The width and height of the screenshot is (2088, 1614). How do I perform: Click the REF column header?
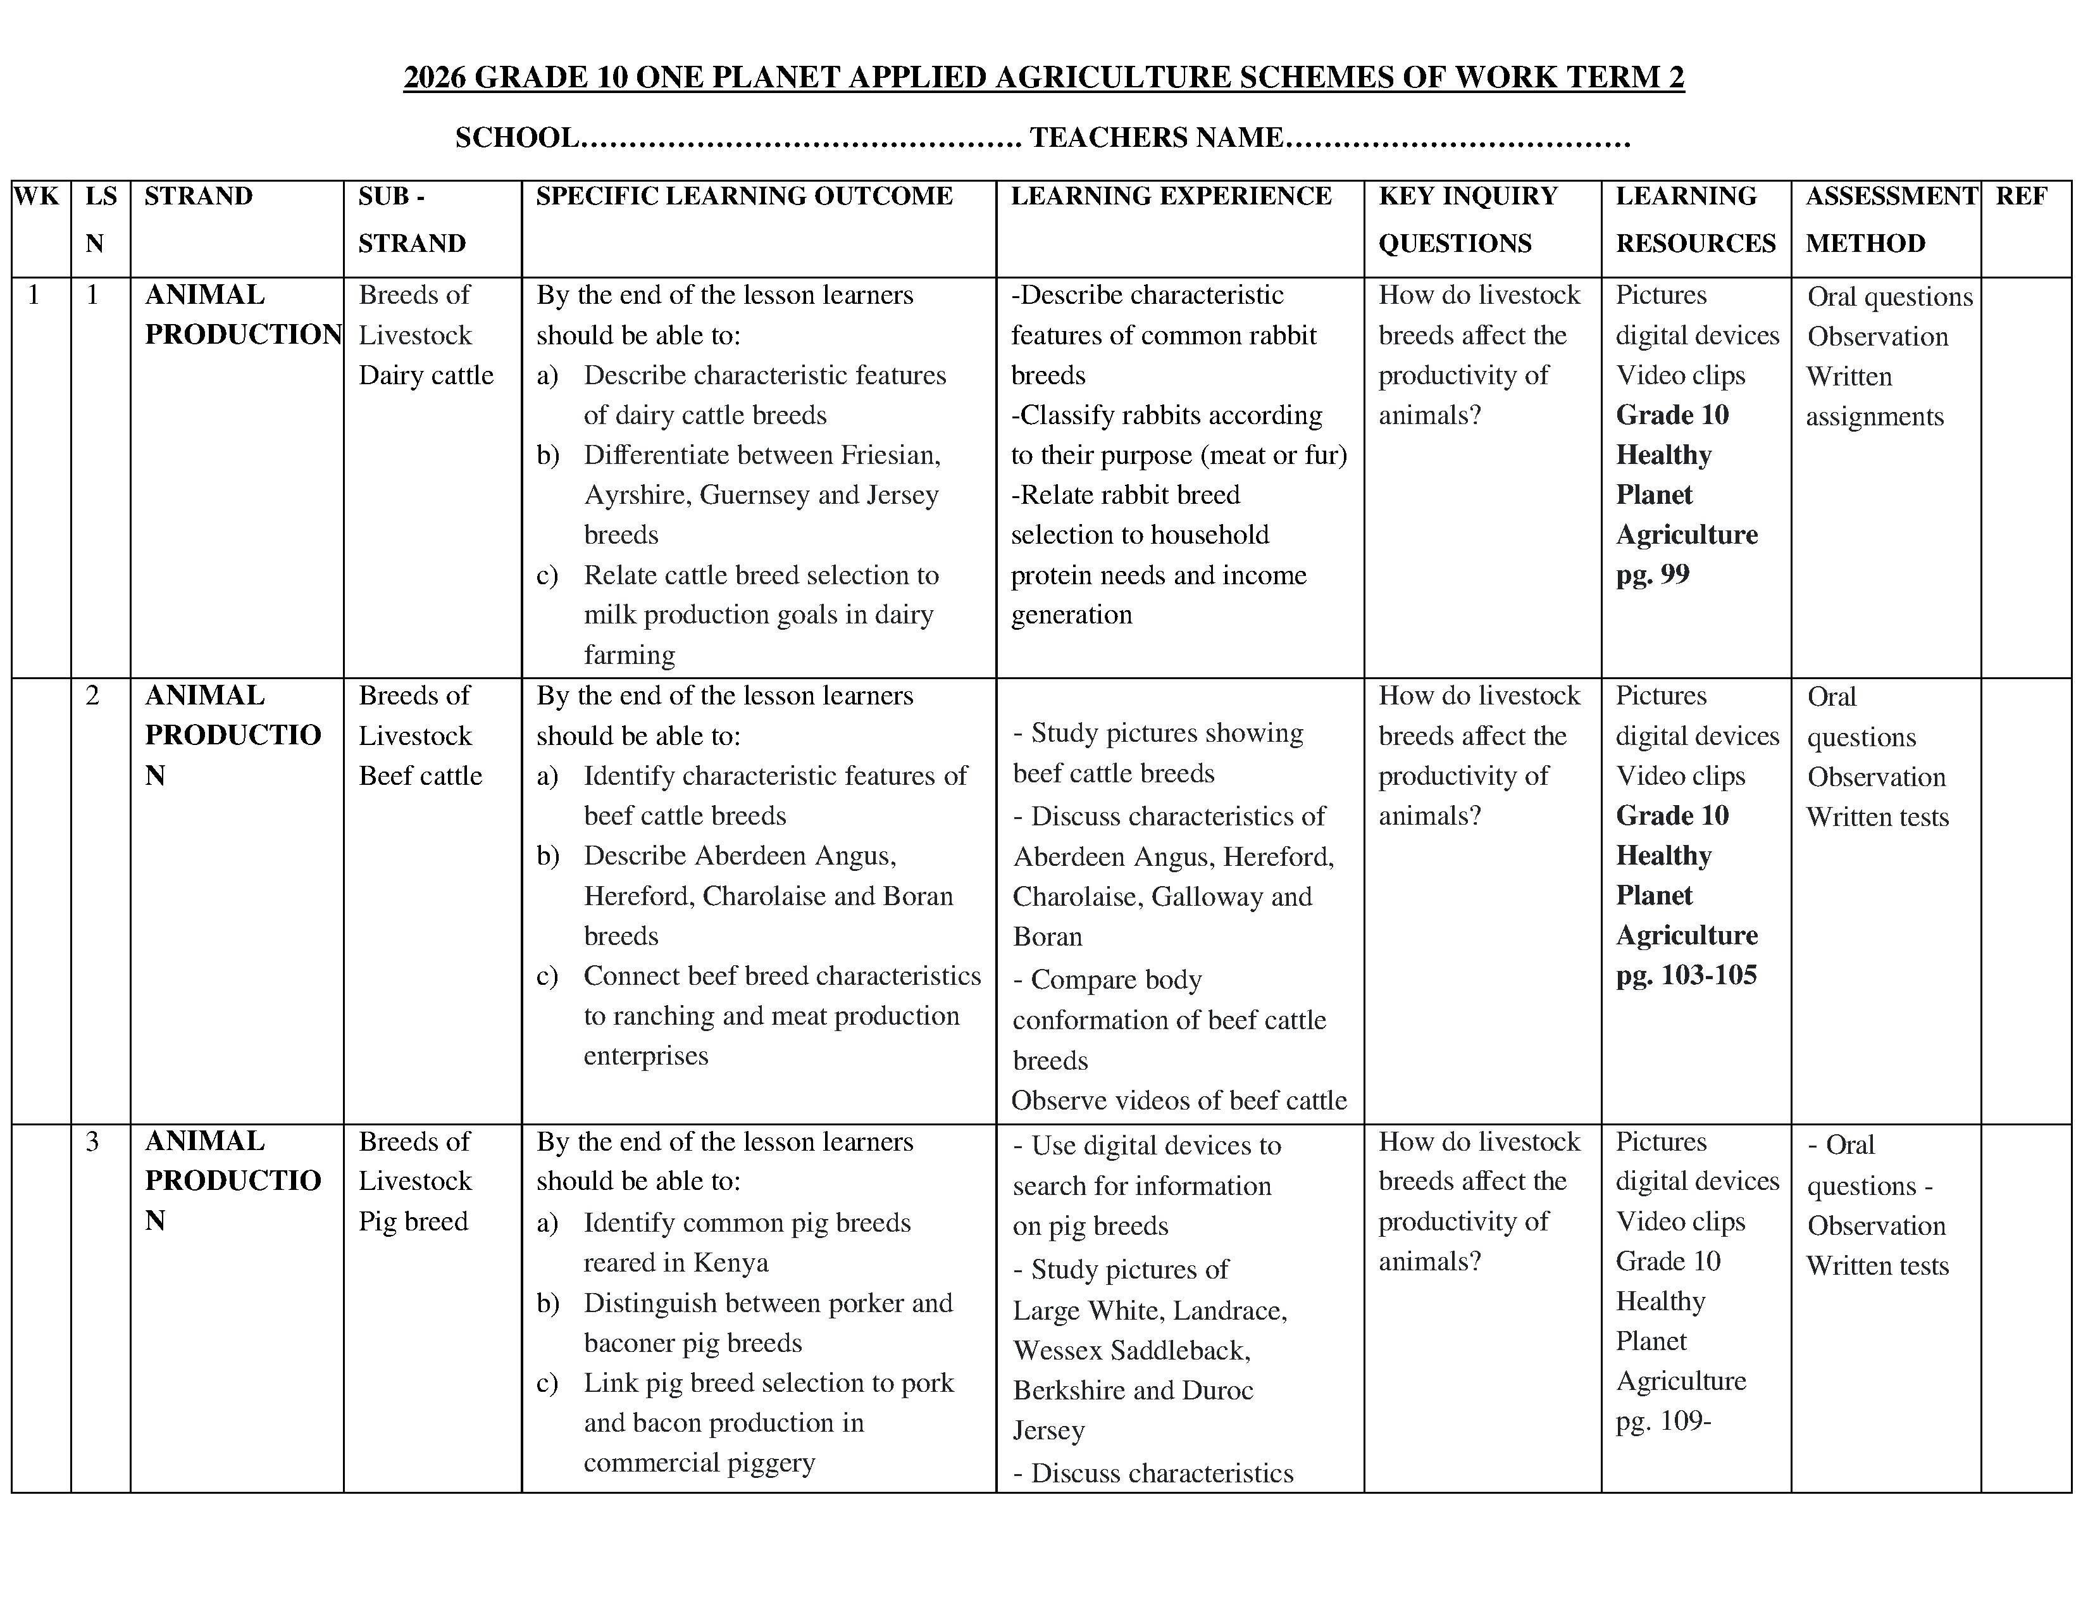(x=2021, y=196)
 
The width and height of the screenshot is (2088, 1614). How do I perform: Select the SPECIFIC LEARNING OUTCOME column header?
(x=744, y=196)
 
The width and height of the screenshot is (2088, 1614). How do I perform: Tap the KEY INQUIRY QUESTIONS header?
(x=1467, y=219)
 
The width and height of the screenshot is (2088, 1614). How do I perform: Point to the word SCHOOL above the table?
(x=516, y=138)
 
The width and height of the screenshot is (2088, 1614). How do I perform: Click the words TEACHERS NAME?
(x=1155, y=138)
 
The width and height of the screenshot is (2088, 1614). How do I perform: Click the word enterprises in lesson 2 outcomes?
(x=645, y=1056)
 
